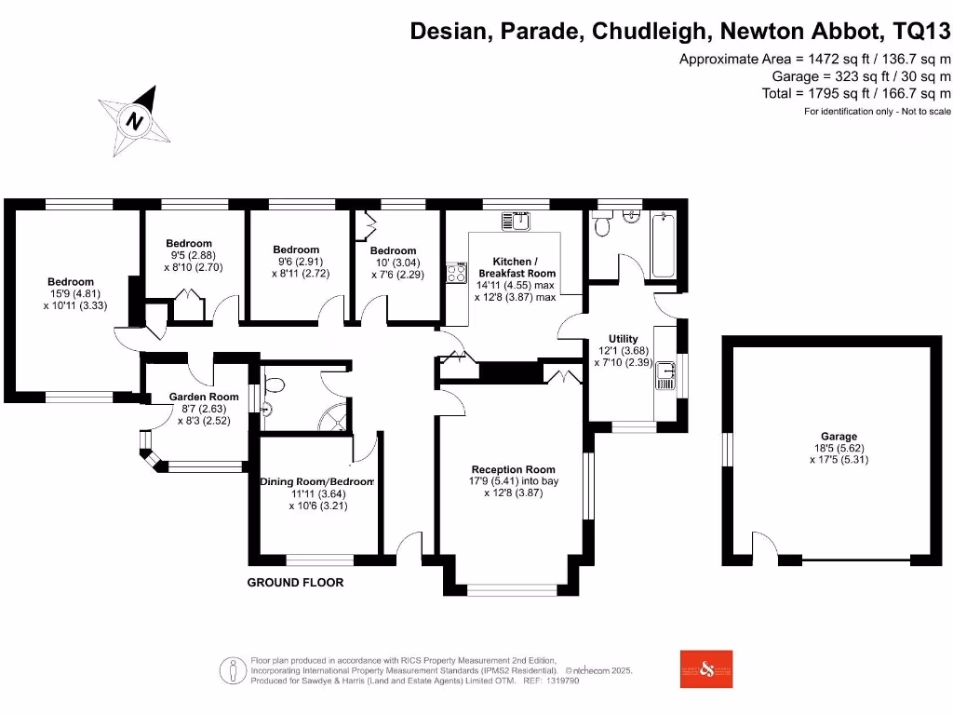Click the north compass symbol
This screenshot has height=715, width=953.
136,121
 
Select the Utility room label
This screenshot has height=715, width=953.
623,338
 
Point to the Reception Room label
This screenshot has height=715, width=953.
513,469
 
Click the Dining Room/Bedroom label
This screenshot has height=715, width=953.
316,481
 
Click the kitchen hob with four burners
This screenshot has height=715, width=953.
457,273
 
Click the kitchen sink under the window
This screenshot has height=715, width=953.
515,221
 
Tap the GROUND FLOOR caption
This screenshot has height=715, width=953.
295,583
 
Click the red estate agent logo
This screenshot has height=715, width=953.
706,668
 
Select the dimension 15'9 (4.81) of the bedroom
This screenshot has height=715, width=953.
71,293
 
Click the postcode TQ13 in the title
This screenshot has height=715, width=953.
921,32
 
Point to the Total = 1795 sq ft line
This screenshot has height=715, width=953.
856,93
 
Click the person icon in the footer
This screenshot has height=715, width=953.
230,669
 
